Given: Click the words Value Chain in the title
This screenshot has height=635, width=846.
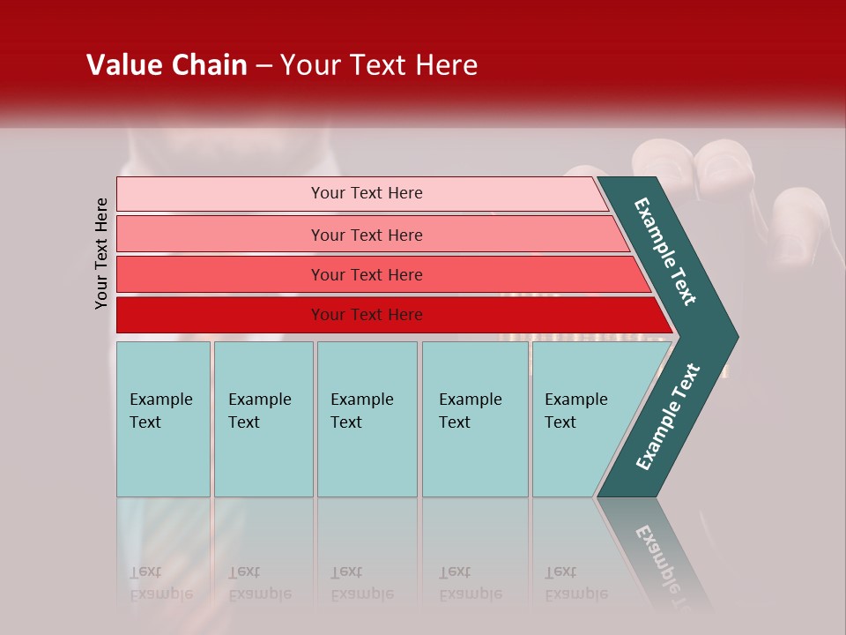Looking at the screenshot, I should pos(167,65).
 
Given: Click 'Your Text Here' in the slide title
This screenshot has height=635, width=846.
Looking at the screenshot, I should pos(379,65).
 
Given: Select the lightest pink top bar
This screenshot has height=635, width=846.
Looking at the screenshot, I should pos(220,194).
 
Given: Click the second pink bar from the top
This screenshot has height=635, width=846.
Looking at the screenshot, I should pos(220,235).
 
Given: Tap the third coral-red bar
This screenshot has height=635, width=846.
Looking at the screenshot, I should pos(220,274).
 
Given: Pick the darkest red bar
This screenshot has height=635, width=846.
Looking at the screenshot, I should pos(220,315).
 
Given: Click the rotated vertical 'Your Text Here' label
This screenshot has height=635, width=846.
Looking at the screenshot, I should pos(101,253).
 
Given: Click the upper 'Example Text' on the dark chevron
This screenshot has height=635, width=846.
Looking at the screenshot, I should pos(665,251).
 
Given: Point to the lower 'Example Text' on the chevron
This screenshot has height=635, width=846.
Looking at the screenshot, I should pos(668,417).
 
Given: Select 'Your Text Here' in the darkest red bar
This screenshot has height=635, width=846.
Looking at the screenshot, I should pos(367,315).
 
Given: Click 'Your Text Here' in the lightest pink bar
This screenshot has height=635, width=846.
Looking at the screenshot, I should pos(367,193).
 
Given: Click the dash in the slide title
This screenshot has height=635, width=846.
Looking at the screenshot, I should pos(263,66).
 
